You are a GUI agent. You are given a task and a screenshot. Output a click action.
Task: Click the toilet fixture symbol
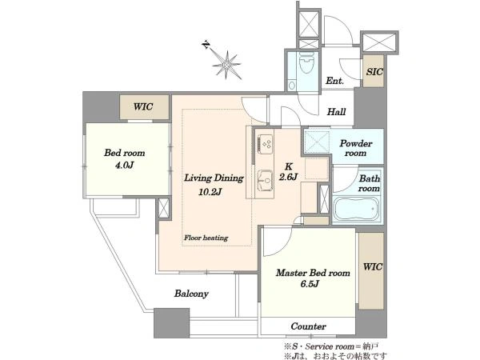tap(306, 62)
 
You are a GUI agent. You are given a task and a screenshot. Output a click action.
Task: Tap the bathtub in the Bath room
tap(358, 210)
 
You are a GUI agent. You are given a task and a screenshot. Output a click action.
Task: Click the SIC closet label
tap(374, 72)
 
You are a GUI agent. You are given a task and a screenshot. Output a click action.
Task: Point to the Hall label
tap(336, 112)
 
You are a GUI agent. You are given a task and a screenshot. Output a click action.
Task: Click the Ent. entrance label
tap(334, 81)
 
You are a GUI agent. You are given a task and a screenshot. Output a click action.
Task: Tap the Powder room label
tap(356, 148)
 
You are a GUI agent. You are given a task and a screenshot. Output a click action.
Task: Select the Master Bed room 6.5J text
tap(313, 278)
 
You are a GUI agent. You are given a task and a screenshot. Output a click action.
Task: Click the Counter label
tap(308, 326)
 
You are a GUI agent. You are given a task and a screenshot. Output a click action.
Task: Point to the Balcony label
tap(191, 294)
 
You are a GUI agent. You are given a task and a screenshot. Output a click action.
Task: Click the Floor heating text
tap(206, 238)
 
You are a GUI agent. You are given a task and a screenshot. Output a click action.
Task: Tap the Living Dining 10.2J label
tap(214, 185)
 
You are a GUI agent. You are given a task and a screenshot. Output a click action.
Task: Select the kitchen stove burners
tap(266, 144)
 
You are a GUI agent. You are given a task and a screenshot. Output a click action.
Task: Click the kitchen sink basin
tap(265, 180)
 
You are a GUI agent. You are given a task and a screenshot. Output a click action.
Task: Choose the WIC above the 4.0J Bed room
tap(143, 107)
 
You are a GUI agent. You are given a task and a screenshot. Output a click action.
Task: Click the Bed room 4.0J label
tap(124, 159)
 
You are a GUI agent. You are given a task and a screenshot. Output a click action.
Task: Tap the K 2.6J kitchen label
tap(288, 172)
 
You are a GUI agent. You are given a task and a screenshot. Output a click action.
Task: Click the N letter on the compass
tap(206, 45)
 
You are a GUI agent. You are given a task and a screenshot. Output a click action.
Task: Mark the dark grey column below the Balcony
tap(171, 323)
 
